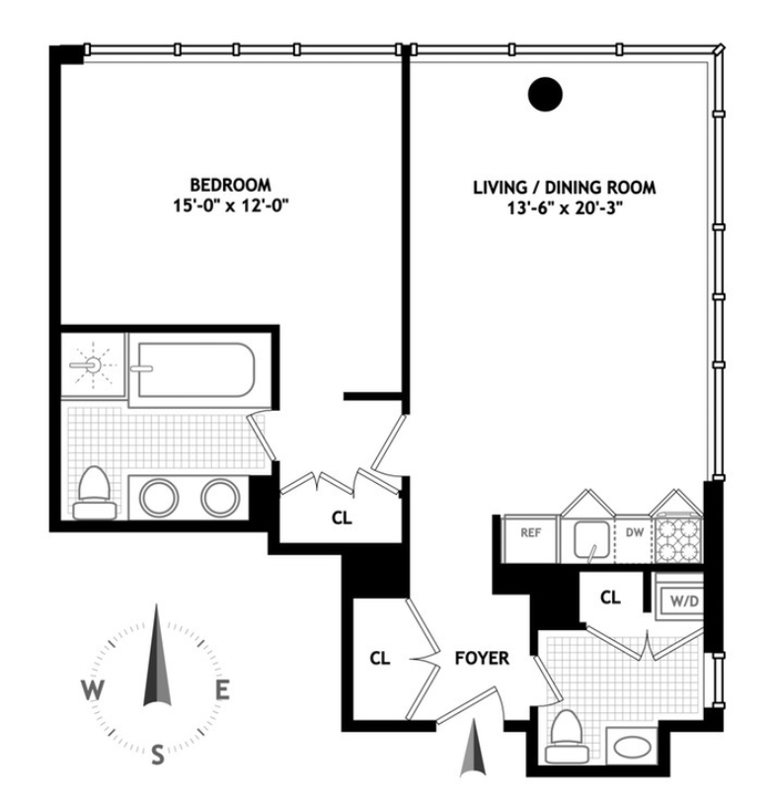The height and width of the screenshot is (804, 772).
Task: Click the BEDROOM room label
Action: pyautogui.click(x=230, y=185)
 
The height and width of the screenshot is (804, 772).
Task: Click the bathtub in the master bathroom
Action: pyautogui.click(x=194, y=368)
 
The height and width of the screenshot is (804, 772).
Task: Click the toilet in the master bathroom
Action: pyautogui.click(x=95, y=491)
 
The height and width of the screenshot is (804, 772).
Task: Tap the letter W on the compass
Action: pyautogui.click(x=91, y=689)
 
